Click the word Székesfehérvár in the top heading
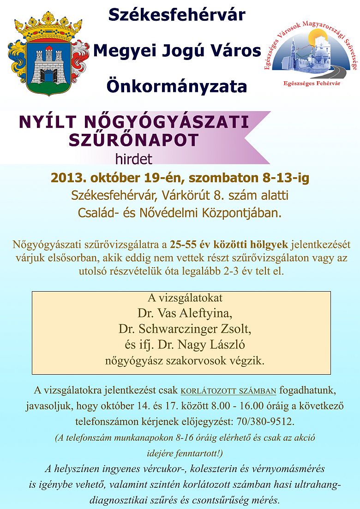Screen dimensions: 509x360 (177, 15)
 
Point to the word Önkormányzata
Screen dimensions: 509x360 (177, 86)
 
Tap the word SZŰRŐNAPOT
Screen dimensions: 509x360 (134, 140)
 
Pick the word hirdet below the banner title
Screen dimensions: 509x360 (133, 159)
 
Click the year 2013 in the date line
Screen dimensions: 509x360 (66, 178)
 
